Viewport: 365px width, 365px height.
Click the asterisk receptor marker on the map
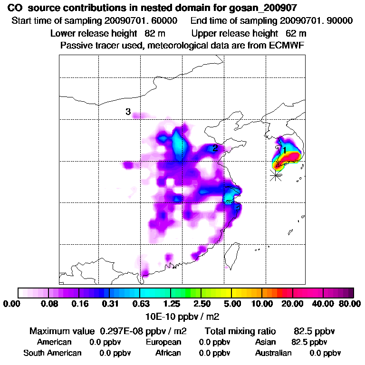[x=275, y=175]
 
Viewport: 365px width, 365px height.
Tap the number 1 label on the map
[x=285, y=150]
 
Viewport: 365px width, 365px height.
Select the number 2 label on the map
[x=215, y=148]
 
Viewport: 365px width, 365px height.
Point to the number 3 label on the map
[x=128, y=112]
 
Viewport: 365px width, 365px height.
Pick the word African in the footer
[x=168, y=353]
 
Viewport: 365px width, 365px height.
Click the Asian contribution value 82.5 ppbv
[x=309, y=342]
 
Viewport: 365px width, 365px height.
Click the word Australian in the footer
[x=273, y=353]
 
